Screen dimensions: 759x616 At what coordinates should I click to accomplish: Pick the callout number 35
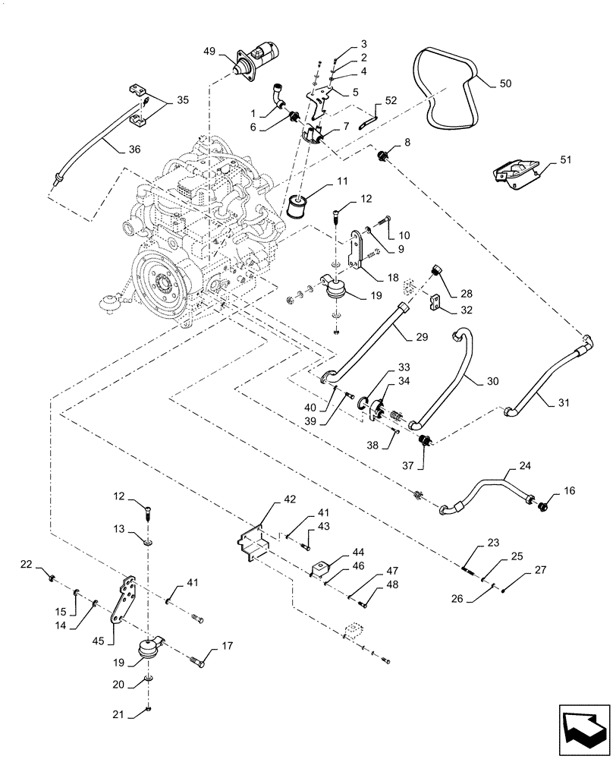[x=184, y=99]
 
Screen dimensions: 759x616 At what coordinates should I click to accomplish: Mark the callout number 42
[x=269, y=499]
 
